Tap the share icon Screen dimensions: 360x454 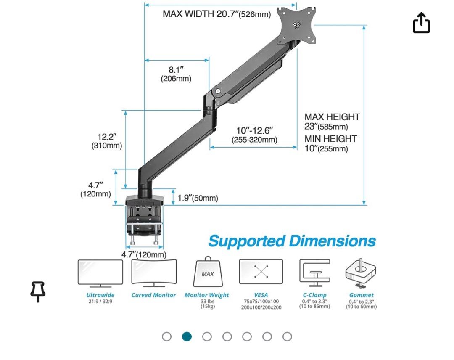tap(421, 23)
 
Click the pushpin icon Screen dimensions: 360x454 tap(38, 291)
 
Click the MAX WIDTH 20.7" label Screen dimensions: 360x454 tap(216, 14)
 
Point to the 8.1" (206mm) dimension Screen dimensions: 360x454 tap(176, 74)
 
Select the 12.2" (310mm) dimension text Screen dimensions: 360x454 tap(107, 141)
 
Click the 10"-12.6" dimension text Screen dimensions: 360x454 tap(254, 135)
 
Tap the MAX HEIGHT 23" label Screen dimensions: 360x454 tap(332, 122)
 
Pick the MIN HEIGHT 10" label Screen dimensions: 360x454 tap(330, 143)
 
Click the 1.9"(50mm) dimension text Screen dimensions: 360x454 tap(198, 198)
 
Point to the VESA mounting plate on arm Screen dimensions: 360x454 tap(296, 26)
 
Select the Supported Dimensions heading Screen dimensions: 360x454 tap(292, 241)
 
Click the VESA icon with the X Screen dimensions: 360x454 tap(261, 272)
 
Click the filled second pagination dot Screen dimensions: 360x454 tap(187, 336)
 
